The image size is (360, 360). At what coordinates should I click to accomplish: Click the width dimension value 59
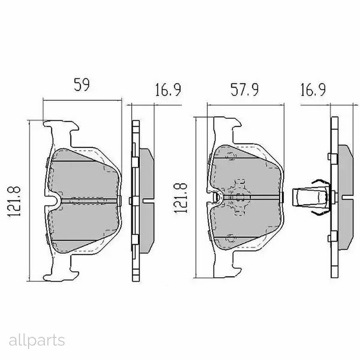tap(82, 84)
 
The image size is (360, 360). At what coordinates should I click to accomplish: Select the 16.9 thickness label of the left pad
tap(168, 90)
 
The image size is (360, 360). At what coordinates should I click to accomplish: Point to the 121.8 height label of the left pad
tap(14, 201)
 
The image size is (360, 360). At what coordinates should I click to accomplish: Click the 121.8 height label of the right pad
tap(181, 198)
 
